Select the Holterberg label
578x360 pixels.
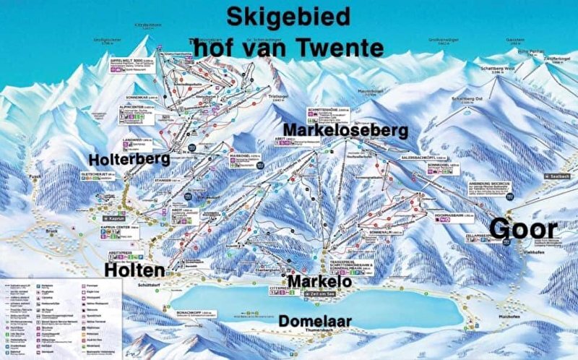point(129,158)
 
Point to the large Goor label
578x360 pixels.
point(524,230)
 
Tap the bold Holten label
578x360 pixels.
point(135,270)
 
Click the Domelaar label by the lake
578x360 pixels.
point(314,319)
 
